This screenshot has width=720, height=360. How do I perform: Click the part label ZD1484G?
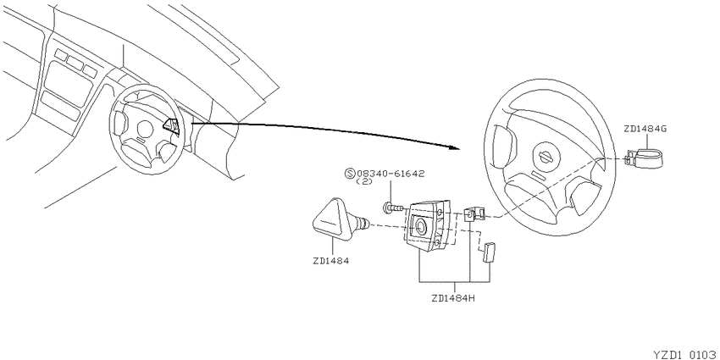[x=645, y=129]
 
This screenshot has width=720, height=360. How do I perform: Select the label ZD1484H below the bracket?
[x=453, y=298]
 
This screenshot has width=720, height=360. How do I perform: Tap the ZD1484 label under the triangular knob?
[x=330, y=261]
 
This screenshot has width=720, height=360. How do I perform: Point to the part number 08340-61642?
[x=390, y=174]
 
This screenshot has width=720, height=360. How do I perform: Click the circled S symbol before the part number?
[x=350, y=174]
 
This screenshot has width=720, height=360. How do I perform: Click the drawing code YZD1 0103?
[x=686, y=354]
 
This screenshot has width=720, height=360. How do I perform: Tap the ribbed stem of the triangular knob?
[x=363, y=223]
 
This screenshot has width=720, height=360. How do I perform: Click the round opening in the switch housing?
[x=420, y=226]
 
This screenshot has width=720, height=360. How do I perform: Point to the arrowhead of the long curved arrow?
[x=454, y=148]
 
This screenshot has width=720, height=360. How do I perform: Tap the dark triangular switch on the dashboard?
[x=172, y=125]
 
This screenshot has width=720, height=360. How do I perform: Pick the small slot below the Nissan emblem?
[x=536, y=174]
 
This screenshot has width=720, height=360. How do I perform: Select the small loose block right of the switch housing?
[x=487, y=252]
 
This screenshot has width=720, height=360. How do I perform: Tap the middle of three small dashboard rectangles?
[x=75, y=63]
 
